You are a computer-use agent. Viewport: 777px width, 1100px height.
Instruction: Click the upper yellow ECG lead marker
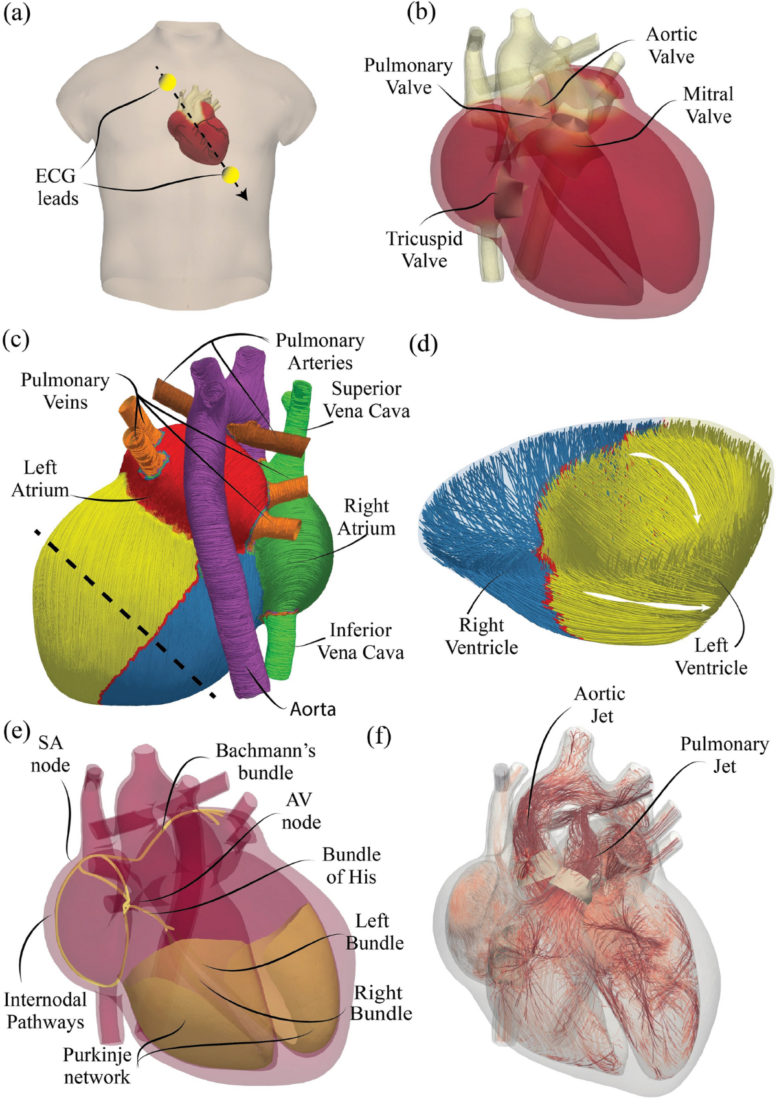(168, 82)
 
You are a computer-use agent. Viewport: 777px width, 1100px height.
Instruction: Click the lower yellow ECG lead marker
(230, 175)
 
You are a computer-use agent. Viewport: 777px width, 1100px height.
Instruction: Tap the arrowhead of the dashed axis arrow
(244, 195)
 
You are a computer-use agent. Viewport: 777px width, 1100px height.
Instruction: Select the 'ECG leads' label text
(57, 187)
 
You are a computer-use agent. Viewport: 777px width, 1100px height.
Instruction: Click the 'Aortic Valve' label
(671, 45)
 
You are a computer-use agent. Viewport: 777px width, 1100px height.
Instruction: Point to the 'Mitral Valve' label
(708, 105)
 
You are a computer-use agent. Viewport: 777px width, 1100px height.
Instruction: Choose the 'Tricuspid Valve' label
(424, 249)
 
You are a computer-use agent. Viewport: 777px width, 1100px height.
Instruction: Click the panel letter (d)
(423, 344)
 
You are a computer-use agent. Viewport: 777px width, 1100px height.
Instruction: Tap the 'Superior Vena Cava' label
(366, 400)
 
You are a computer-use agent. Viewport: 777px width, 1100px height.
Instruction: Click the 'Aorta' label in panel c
(313, 709)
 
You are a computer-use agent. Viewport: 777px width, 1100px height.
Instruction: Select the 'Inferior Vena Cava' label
(360, 641)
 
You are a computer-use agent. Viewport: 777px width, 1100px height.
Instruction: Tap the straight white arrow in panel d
(647, 601)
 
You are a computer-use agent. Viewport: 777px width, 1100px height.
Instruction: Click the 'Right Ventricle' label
(481, 636)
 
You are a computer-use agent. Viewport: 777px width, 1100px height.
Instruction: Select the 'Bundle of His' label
(351, 865)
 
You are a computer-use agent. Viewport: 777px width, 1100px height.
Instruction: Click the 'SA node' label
(50, 753)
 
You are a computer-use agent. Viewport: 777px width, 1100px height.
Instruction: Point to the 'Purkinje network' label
(96, 1066)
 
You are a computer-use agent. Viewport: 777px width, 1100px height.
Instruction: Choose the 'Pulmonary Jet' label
(724, 755)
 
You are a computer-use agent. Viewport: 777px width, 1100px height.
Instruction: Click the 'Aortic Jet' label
(600, 705)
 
